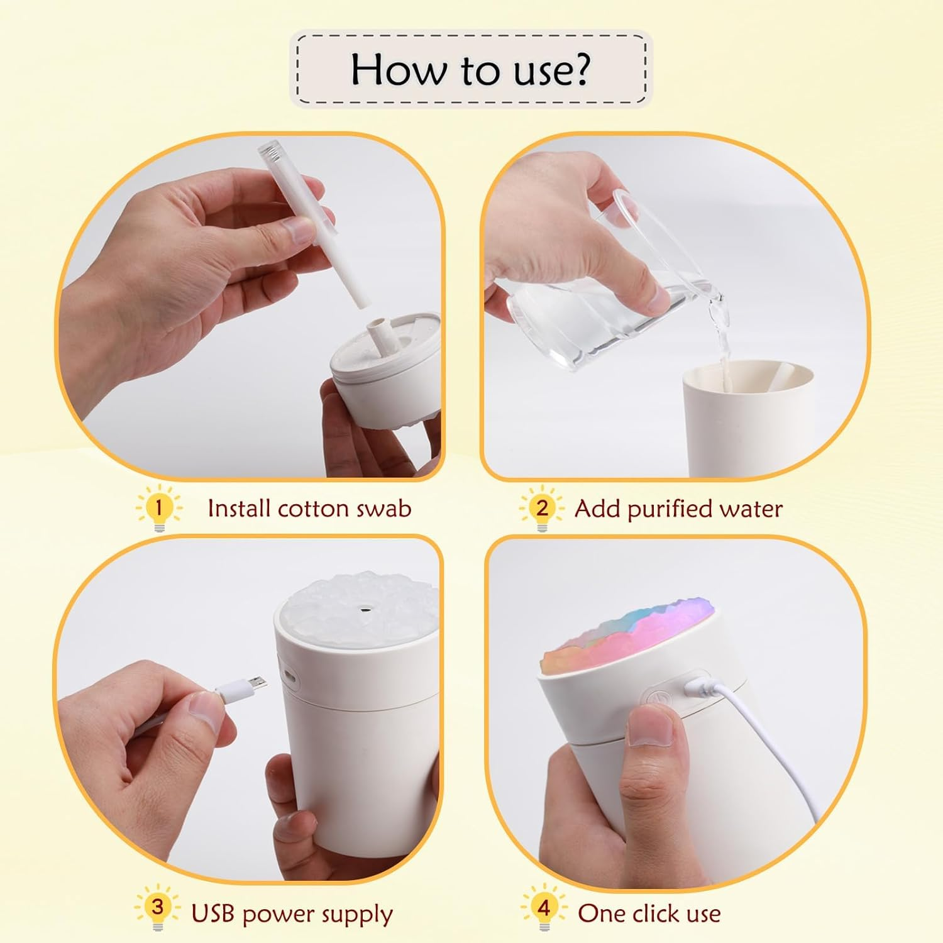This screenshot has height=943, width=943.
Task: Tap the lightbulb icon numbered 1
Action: coord(158,508)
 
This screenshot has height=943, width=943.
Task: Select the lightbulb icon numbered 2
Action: coord(542,508)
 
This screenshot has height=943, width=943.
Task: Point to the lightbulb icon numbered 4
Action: coord(544,908)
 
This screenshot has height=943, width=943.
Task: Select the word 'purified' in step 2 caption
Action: coord(668,509)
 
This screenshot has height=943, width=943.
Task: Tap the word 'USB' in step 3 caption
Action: coord(214,913)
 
